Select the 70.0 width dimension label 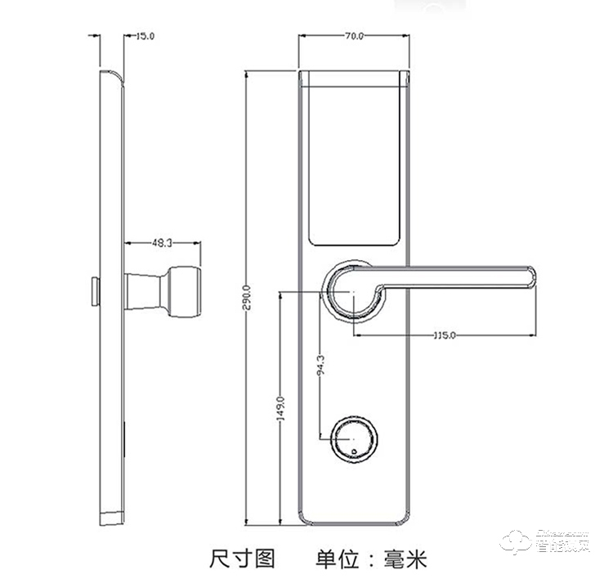pyautogui.click(x=354, y=37)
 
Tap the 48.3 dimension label pyautogui.click(x=163, y=243)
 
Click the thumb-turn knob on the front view pyautogui.click(x=353, y=441)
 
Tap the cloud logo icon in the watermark pyautogui.click(x=517, y=542)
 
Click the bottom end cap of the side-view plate pyautogui.click(x=110, y=517)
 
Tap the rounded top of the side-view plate pyautogui.click(x=111, y=77)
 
